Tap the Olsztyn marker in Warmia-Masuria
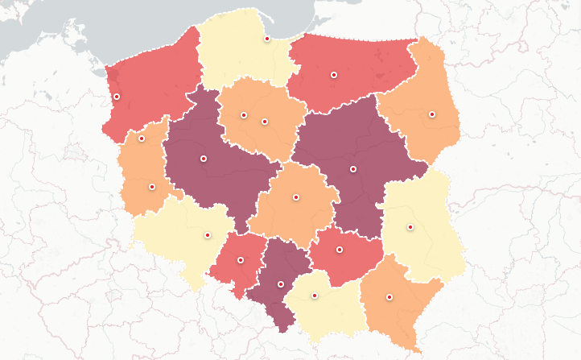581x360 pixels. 332,75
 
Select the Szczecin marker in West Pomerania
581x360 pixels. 117,97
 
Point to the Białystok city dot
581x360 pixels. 432,114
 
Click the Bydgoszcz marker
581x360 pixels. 244,115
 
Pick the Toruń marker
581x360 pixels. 264,122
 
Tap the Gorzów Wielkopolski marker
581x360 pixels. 142,139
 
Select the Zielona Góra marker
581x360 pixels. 152,187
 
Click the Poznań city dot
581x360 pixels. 204,159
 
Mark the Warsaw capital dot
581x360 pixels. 353,169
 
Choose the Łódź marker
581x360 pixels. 296,197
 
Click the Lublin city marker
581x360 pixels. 410,226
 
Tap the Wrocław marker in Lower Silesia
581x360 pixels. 208,235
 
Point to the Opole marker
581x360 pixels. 241,259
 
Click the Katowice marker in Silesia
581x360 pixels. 281,284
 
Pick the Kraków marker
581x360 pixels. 315,296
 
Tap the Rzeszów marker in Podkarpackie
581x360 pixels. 389,297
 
